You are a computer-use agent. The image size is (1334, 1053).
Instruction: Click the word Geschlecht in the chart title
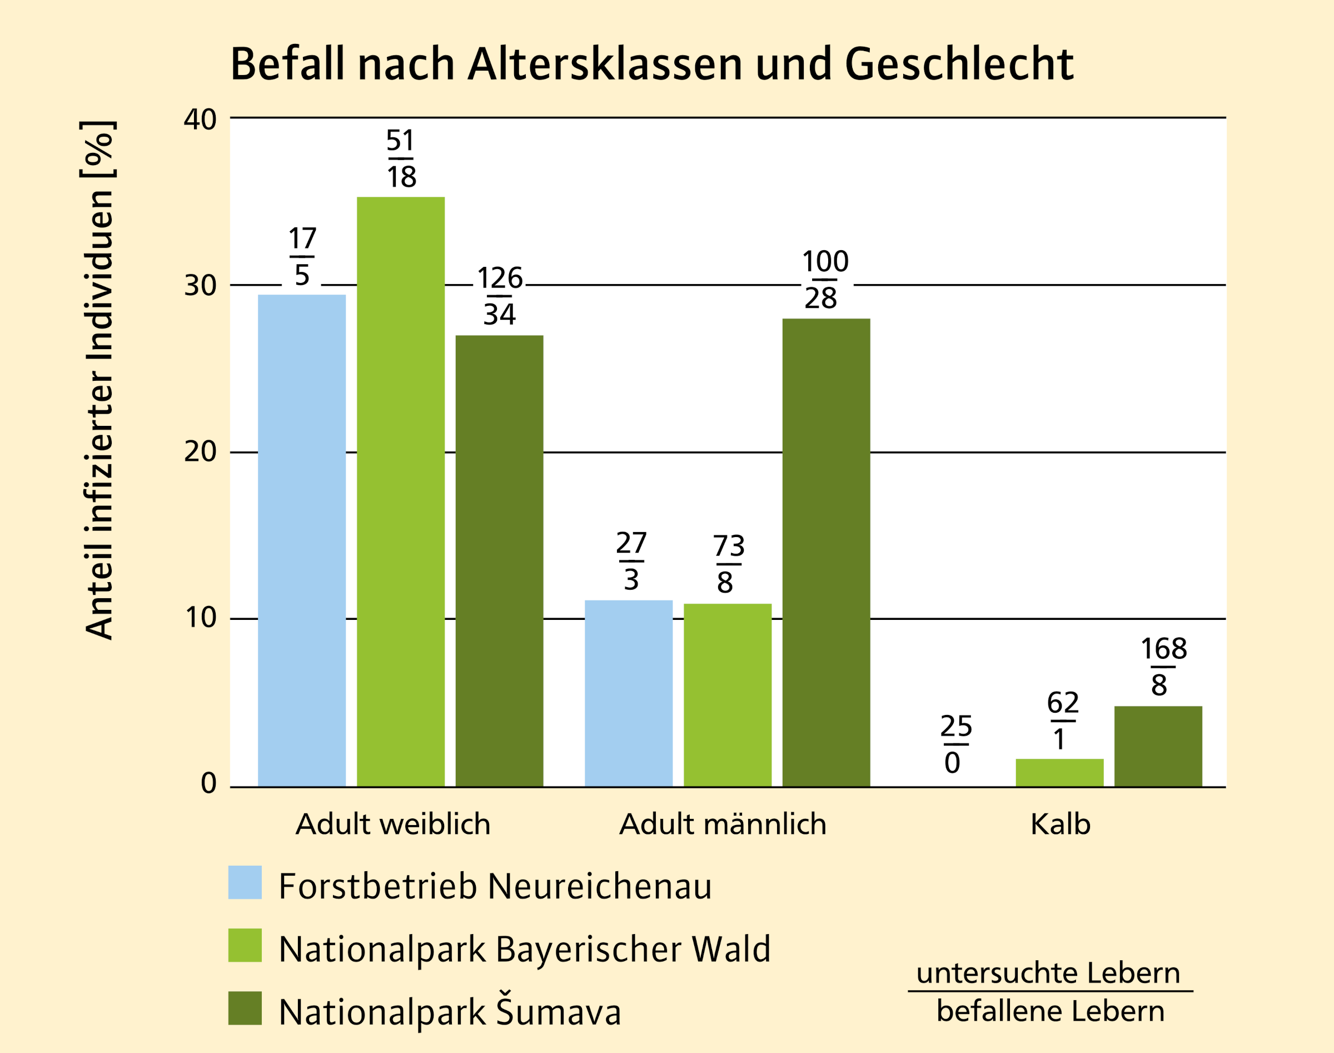(x=959, y=64)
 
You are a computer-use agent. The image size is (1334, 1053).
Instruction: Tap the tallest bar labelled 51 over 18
(x=401, y=491)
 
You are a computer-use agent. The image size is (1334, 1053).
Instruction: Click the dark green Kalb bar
(x=1158, y=746)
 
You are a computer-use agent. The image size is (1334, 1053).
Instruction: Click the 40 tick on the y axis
(x=200, y=119)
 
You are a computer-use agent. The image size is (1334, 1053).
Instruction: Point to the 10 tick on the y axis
(x=200, y=618)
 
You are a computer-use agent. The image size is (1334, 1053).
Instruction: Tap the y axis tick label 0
(x=208, y=783)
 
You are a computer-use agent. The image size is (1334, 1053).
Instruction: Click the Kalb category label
(x=1061, y=825)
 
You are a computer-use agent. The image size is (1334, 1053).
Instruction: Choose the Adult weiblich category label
(x=392, y=825)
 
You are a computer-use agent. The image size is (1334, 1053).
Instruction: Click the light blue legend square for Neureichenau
(x=245, y=882)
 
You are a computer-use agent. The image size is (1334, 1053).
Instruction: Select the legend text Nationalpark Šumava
(x=450, y=1012)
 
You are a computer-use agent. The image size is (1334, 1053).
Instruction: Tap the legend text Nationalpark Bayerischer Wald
(x=524, y=949)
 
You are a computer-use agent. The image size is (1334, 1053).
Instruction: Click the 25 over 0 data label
(x=955, y=744)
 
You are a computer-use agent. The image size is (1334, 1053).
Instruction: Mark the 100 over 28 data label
(x=825, y=279)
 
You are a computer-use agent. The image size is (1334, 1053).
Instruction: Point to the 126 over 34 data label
(x=499, y=296)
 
